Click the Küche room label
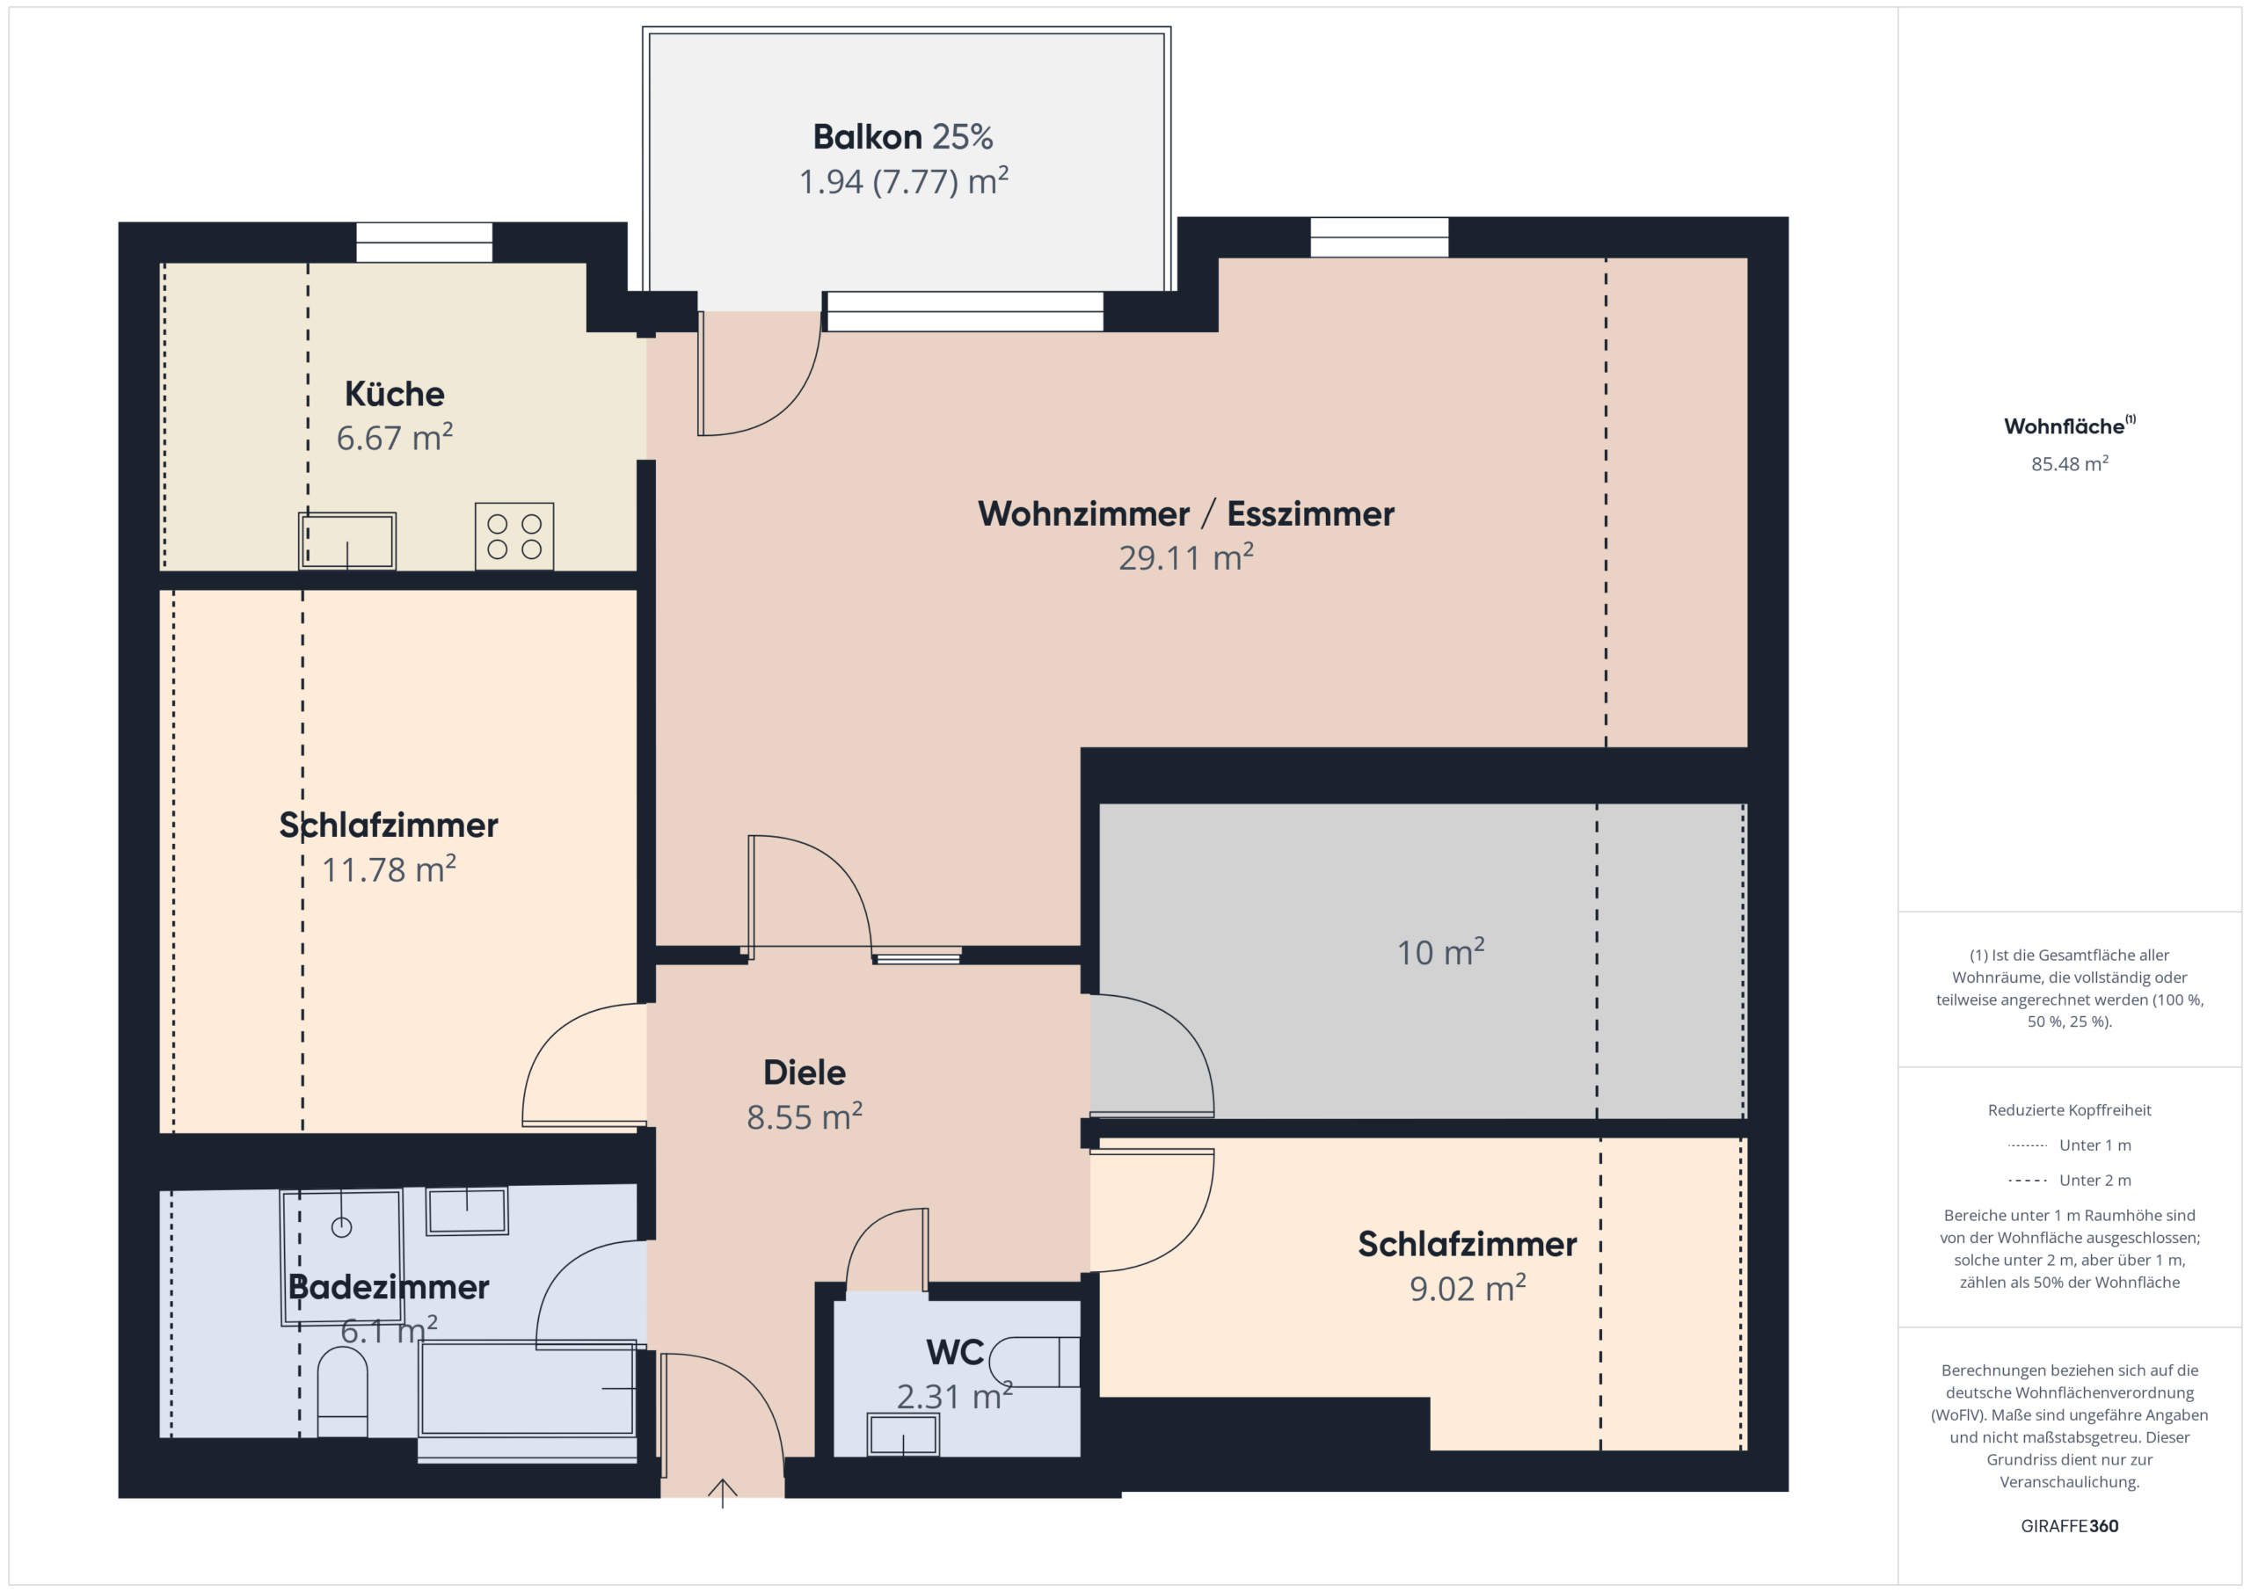pos(394,394)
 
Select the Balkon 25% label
pos(903,137)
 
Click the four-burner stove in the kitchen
pos(514,536)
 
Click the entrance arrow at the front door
pos(723,1493)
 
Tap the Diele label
pos(804,1072)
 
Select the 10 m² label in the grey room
pos(1440,952)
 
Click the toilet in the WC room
pos(1034,1362)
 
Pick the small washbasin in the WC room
pos(903,1434)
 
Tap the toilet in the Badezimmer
pos(342,1392)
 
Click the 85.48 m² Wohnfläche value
pos(2069,463)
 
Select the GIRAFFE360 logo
pos(2069,1526)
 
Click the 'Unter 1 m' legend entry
pos(2069,1145)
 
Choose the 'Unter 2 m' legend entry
pos(2069,1181)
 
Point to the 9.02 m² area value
pos(1467,1288)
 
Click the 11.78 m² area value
pos(389,869)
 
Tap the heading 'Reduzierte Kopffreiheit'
pos(2069,1109)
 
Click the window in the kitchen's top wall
pos(424,242)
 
